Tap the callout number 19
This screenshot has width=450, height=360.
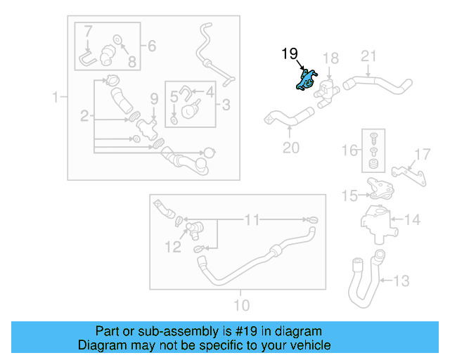coord(290,54)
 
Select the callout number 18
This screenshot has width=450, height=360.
coord(330,58)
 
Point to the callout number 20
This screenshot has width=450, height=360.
coord(290,148)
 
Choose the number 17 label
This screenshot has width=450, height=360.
coord(421,155)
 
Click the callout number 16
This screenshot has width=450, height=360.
coord(349,150)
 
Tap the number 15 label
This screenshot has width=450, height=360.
coord(349,196)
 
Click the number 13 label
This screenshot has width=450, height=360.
coord(400,281)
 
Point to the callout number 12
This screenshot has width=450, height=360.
coord(172,247)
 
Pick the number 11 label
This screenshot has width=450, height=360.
coord(251,220)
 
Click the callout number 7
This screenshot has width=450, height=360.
coord(88,32)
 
